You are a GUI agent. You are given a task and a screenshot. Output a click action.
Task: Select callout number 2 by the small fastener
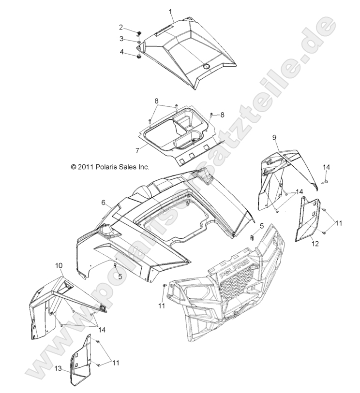pyautogui.click(x=121, y=27)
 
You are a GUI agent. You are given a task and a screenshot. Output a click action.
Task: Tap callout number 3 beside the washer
pyautogui.click(x=122, y=39)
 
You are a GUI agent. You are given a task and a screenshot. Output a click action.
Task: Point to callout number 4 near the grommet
pyautogui.click(x=122, y=51)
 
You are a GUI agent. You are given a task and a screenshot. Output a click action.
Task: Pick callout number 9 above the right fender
pyautogui.click(x=274, y=138)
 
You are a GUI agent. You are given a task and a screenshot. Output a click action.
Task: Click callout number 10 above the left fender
pyautogui.click(x=59, y=265)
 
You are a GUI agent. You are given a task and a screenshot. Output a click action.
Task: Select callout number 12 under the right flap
pyautogui.click(x=315, y=244)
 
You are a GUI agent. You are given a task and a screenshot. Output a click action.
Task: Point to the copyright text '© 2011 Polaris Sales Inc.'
pyautogui.click(x=110, y=167)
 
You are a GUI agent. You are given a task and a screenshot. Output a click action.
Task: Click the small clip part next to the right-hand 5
pyautogui.click(x=252, y=236)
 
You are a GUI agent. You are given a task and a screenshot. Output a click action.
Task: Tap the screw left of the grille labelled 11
pyautogui.click(x=165, y=287)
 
